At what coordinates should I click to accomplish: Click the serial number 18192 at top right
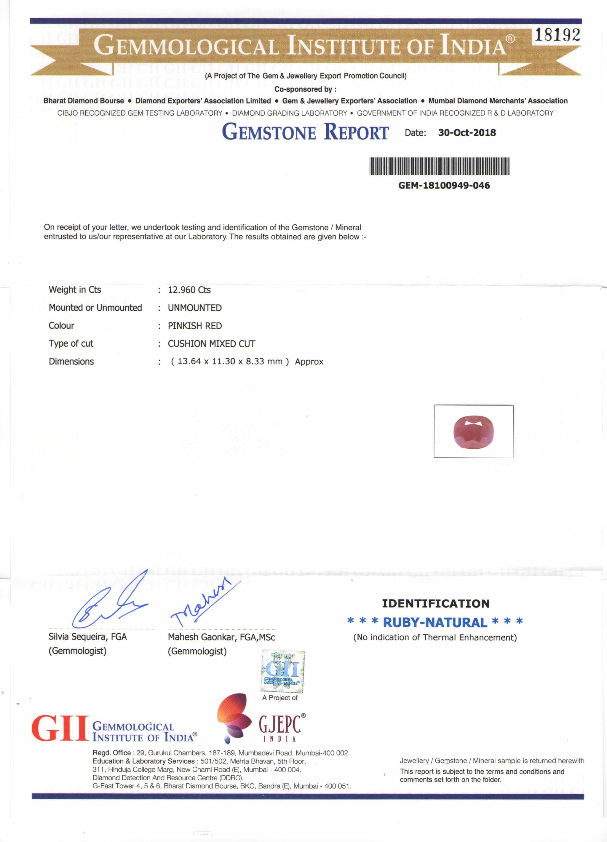[x=557, y=35]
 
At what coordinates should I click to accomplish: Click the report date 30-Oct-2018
[x=467, y=132]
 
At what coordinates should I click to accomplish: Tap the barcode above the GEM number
[x=440, y=166]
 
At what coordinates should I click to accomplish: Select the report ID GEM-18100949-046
[x=444, y=185]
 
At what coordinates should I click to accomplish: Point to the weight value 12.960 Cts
[x=189, y=290]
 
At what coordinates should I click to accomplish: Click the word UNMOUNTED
[x=194, y=308]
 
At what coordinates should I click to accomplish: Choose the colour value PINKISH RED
[x=194, y=326]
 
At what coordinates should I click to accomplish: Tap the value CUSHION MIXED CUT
[x=211, y=343]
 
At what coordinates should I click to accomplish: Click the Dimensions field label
[x=71, y=361]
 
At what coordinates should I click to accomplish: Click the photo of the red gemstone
[x=473, y=432]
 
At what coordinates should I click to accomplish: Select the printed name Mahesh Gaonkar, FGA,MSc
[x=221, y=637]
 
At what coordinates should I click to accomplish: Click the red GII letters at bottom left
[x=59, y=728]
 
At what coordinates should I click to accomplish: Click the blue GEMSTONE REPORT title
[x=305, y=132]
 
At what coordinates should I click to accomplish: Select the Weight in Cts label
[x=75, y=290]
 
